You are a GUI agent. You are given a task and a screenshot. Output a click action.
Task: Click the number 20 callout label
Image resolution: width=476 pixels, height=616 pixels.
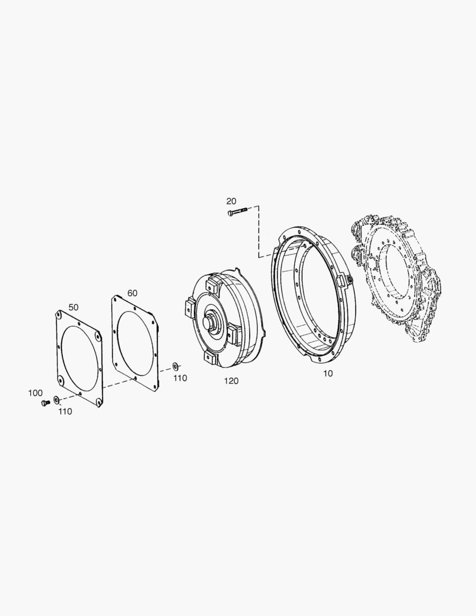pyautogui.click(x=231, y=201)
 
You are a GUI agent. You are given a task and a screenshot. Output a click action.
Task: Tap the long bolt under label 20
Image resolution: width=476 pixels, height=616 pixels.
pyautogui.click(x=237, y=212)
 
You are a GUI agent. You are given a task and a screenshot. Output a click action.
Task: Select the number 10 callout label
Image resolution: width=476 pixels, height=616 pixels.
pyautogui.click(x=328, y=374)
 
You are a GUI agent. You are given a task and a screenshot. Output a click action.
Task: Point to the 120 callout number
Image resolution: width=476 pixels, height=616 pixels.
pyautogui.click(x=231, y=380)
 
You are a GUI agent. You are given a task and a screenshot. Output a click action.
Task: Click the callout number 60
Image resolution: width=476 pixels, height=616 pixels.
pyautogui.click(x=132, y=293)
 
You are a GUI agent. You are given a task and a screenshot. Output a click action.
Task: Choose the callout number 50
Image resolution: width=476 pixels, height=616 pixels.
pyautogui.click(x=74, y=307)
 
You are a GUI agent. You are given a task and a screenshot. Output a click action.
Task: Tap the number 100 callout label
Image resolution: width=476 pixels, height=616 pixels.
pyautogui.click(x=35, y=393)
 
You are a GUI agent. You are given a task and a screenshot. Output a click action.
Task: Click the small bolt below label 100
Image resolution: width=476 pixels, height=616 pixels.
pyautogui.click(x=45, y=403)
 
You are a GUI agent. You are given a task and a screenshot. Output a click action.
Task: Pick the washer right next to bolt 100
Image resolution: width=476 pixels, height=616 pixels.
pyautogui.click(x=56, y=400)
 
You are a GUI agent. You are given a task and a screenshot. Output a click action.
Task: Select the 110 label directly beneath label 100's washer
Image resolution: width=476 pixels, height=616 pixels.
pyautogui.click(x=65, y=411)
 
